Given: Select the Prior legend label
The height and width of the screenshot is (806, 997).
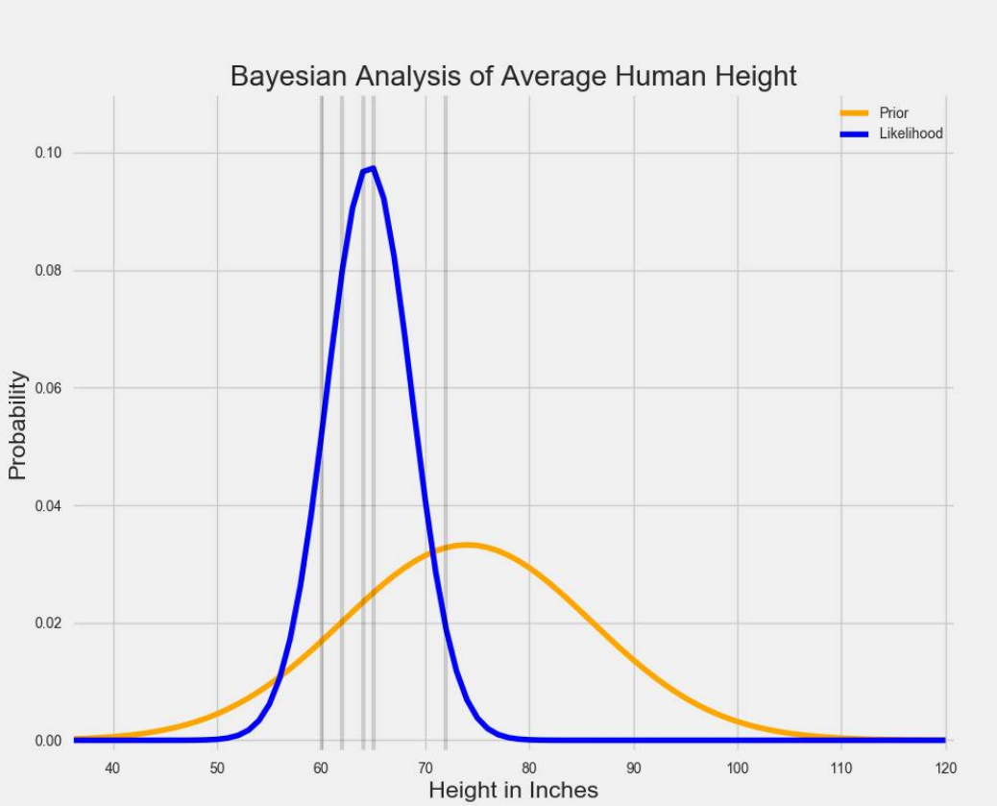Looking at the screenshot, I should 893,113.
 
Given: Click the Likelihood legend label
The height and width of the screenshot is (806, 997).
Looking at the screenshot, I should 911,134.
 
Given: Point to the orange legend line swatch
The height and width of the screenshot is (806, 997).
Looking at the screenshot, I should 853,113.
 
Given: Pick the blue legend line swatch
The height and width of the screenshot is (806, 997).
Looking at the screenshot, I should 853,134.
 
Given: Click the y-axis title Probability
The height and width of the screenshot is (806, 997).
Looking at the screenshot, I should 17,425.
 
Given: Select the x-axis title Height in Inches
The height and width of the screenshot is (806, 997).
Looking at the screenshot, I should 513,790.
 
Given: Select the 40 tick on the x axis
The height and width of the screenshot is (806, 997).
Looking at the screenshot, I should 113,767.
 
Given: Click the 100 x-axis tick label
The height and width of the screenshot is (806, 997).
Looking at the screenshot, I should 738,767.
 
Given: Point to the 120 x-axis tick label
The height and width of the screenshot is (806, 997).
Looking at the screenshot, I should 945,767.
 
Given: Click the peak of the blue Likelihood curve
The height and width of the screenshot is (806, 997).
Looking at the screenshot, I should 372,169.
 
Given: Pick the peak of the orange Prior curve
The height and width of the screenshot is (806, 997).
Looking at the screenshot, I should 466,545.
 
